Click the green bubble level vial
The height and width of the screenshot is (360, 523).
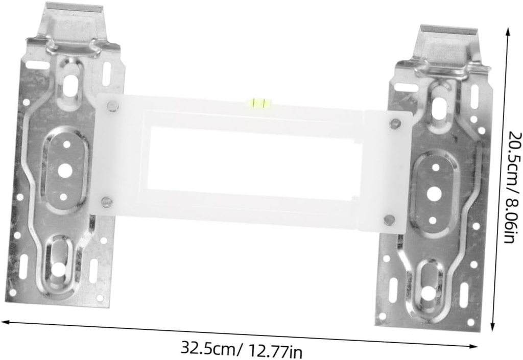click(259, 103)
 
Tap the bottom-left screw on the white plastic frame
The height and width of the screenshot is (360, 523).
click(106, 202)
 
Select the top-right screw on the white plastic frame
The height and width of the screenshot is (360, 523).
click(395, 124)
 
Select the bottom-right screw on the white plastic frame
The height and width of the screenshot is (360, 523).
click(389, 220)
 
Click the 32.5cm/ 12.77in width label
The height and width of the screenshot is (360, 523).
click(242, 349)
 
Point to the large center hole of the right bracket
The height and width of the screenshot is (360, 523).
click(434, 193)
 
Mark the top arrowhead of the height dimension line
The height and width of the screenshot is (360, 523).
click(508, 31)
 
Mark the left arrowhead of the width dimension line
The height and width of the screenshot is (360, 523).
click(4, 322)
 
